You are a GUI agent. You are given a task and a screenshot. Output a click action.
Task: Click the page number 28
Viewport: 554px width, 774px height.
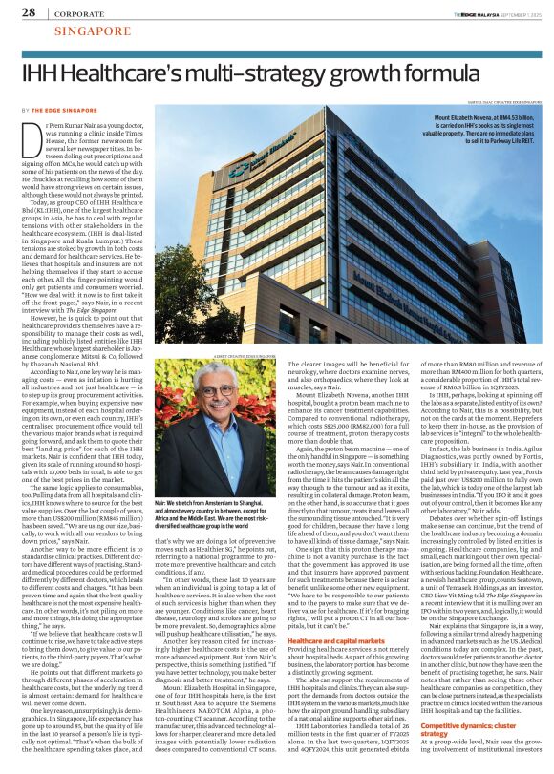click(28, 13)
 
